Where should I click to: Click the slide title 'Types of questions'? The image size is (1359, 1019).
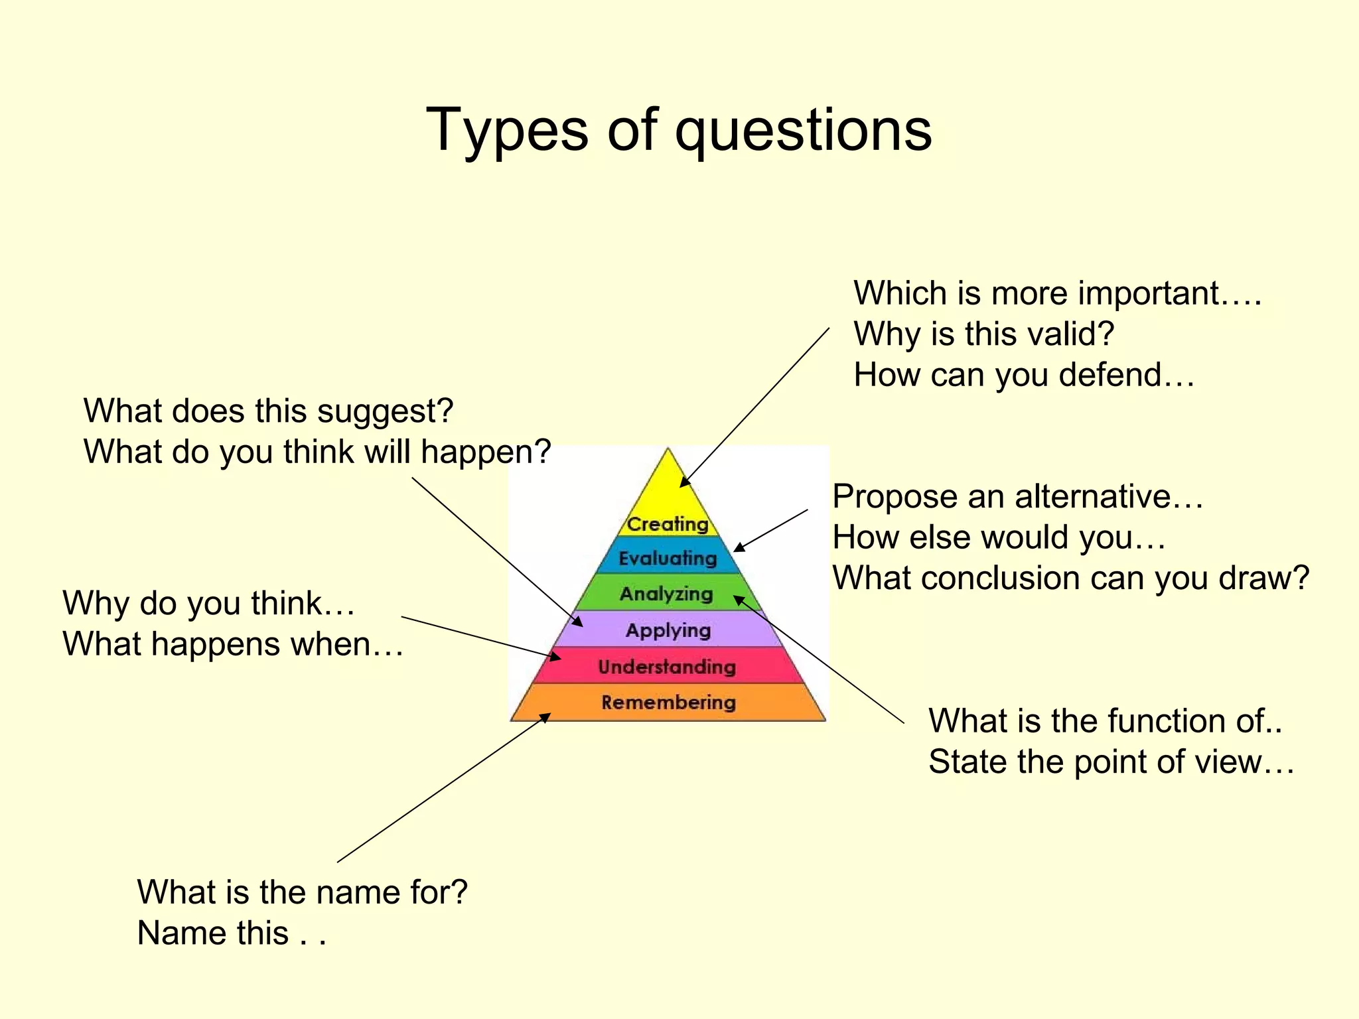679,130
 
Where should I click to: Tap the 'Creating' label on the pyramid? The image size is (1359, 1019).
668,524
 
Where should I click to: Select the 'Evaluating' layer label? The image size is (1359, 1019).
668,559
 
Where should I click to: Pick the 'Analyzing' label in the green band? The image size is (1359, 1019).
666,594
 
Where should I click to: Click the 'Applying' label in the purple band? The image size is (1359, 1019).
668,630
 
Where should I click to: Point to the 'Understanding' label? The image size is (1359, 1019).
667,667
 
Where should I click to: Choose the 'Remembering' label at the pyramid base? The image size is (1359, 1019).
668,702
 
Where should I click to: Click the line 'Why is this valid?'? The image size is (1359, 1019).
983,334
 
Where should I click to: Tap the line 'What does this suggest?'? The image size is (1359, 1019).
268,411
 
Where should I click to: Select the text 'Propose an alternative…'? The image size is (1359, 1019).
1018,497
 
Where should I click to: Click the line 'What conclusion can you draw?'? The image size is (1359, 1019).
1071,578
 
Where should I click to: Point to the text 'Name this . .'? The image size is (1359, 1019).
232,933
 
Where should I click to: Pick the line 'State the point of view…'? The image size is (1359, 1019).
1111,762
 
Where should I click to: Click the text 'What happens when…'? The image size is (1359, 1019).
233,644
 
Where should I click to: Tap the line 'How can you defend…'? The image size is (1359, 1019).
1024,375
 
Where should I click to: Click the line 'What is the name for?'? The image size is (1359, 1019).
302,892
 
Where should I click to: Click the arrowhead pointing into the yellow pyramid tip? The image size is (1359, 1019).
684,482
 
